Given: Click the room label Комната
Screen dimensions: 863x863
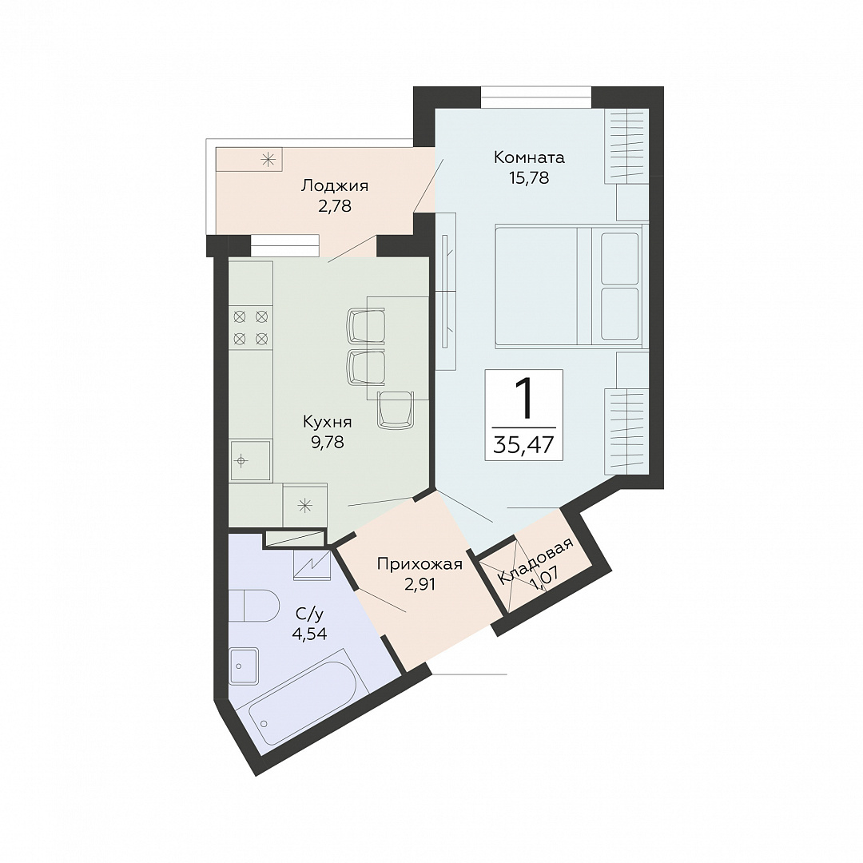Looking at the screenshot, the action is point(529,157).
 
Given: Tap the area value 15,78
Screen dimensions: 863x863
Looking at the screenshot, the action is point(529,177).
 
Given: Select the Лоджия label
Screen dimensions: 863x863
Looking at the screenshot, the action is point(334,186).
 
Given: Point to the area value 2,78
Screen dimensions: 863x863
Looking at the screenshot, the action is point(334,206).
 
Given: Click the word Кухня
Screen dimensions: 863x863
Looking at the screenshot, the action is point(327,422).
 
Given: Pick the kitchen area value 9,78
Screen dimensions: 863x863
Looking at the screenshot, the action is point(328,442).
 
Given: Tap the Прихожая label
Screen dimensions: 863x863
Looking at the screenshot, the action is point(420,564).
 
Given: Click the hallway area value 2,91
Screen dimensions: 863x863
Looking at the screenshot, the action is point(420,584).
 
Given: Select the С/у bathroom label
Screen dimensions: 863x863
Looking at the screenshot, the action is point(309,614).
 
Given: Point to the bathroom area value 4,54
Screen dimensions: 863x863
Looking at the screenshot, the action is point(309,634).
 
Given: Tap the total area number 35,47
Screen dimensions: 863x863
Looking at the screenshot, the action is point(523,444).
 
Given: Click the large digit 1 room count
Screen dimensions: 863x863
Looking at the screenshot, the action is point(524,397).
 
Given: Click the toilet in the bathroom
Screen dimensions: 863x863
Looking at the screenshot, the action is point(254,606).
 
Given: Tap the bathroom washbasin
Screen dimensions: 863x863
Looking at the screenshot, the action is point(243,666).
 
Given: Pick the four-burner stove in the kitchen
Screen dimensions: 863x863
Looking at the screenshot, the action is point(250,327).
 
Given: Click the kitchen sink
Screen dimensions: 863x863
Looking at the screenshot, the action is point(250,460).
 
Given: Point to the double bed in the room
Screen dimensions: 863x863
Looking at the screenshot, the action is point(569,286).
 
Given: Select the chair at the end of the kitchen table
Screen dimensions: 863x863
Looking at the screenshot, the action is point(396,409).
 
